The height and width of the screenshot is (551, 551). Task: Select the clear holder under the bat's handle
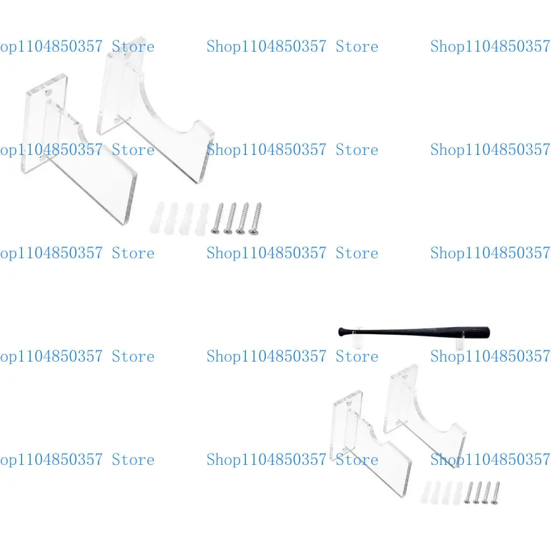coord(356,342)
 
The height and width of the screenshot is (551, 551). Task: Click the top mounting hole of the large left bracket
coord(50,93)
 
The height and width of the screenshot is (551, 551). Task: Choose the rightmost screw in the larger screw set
coord(255,218)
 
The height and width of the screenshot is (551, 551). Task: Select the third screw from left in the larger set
coord(243,218)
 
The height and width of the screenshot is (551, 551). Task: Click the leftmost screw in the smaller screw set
coord(468,492)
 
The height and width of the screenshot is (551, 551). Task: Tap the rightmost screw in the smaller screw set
coord(495,492)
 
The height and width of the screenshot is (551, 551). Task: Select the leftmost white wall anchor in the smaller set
coord(428,492)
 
